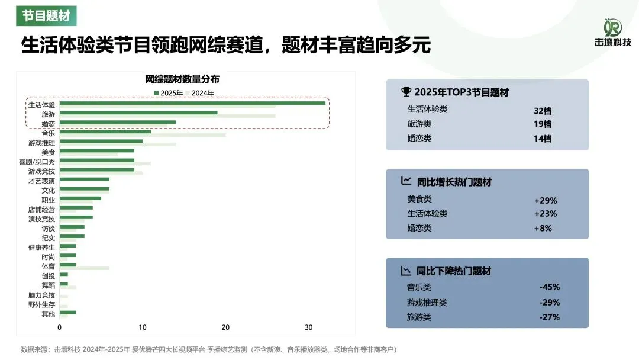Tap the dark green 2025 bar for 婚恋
[118, 122]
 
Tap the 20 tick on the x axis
[225, 327]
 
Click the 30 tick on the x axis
[308, 327]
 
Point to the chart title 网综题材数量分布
[182, 79]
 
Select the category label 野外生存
[41, 304]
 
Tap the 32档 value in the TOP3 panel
[542, 110]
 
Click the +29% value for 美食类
[545, 200]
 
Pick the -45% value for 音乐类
[549, 287]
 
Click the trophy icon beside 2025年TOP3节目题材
[406, 92]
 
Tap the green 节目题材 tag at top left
[46, 15]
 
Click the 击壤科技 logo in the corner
[612, 33]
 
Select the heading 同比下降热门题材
[453, 271]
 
